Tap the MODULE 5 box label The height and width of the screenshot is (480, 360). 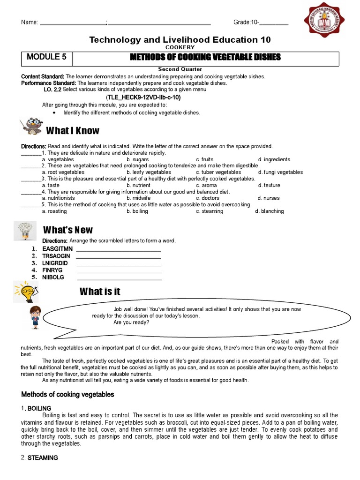click(x=46, y=58)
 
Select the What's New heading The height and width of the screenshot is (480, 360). click(x=68, y=230)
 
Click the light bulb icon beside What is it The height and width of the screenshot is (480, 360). click(x=24, y=291)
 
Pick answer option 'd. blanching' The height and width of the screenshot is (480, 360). click(x=270, y=211)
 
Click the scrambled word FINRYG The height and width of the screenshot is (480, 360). click(x=52, y=270)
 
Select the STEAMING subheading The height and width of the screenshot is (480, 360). click(x=43, y=458)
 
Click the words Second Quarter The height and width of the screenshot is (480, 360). click(x=180, y=69)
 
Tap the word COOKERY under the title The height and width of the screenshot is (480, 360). click(x=180, y=48)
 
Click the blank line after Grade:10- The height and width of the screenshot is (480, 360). click(x=274, y=23)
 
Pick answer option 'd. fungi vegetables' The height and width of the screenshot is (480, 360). click(x=280, y=172)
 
